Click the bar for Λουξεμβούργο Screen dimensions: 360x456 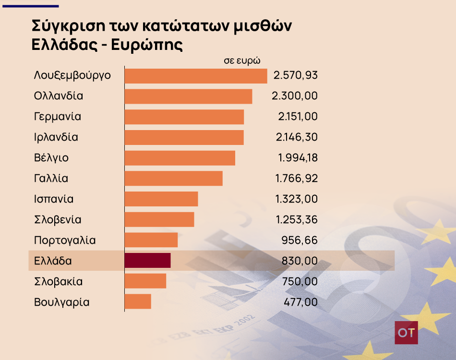[195, 76]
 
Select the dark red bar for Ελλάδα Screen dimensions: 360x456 [147, 260]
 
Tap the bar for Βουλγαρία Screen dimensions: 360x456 [138, 301]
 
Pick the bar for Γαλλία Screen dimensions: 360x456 [173, 178]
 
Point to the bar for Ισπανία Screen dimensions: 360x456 [161, 199]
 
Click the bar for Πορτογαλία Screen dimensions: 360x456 [151, 240]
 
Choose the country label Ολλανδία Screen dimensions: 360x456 [59, 96]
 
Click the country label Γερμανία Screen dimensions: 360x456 [58, 117]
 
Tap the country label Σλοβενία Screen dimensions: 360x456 [58, 220]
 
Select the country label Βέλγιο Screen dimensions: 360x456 [51, 158]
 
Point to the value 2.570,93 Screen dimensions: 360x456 [295, 76]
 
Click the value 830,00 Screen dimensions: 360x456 [300, 261]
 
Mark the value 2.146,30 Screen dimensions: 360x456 [296, 137]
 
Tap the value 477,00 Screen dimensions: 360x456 [300, 302]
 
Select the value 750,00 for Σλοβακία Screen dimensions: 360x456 [300, 281]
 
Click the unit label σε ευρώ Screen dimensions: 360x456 [242, 61]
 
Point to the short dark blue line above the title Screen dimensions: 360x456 [30, 6]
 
